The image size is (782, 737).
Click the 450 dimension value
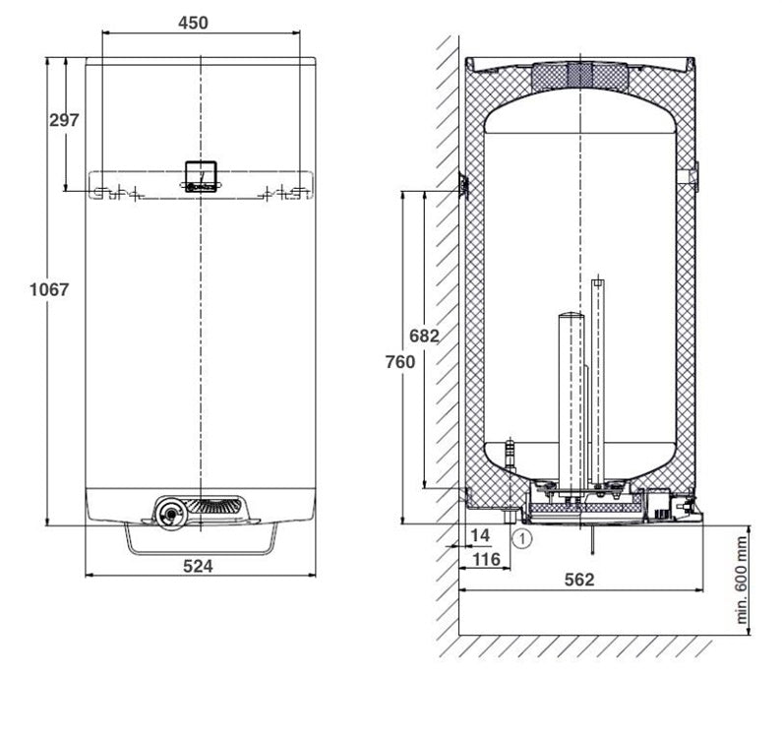click(193, 23)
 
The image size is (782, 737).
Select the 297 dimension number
click(64, 120)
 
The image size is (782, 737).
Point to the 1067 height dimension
click(49, 289)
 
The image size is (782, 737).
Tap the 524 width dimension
click(198, 567)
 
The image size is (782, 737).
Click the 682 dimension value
click(424, 337)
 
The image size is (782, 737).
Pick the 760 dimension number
click(400, 362)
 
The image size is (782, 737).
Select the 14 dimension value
click(480, 535)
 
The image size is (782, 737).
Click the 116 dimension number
click(486, 559)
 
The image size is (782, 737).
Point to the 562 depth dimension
click(579, 580)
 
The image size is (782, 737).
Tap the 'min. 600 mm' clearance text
click(742, 581)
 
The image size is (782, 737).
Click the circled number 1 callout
click(522, 539)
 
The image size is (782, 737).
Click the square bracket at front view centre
click(201, 176)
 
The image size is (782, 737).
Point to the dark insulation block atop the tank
click(580, 76)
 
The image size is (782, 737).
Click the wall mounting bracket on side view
click(464, 185)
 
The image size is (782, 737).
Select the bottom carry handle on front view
click(201, 540)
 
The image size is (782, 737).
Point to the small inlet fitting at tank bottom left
click(510, 454)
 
